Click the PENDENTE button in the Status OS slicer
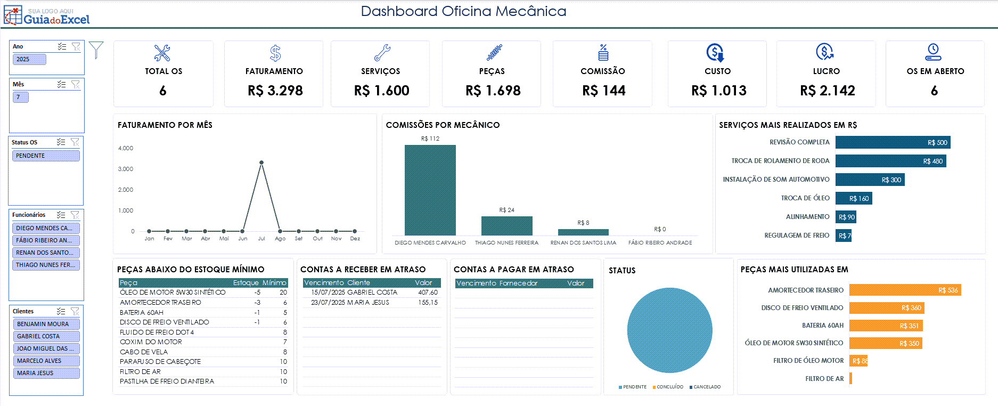point(46,156)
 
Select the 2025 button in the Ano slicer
point(29,59)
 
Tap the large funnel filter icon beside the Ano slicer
point(96,50)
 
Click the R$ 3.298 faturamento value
point(275,91)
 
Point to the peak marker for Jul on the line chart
point(261,163)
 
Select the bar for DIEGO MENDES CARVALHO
point(430,190)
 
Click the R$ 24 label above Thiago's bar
point(506,210)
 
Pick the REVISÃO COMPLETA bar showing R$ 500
point(893,142)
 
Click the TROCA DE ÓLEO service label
point(805,198)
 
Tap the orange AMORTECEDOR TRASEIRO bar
point(905,290)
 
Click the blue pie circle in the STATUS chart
point(669,330)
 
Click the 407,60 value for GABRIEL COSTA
point(428,293)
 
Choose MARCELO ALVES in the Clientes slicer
point(46,361)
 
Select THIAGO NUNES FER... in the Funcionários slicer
point(46,265)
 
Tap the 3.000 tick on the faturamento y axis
point(126,169)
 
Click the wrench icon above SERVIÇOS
point(382,53)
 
